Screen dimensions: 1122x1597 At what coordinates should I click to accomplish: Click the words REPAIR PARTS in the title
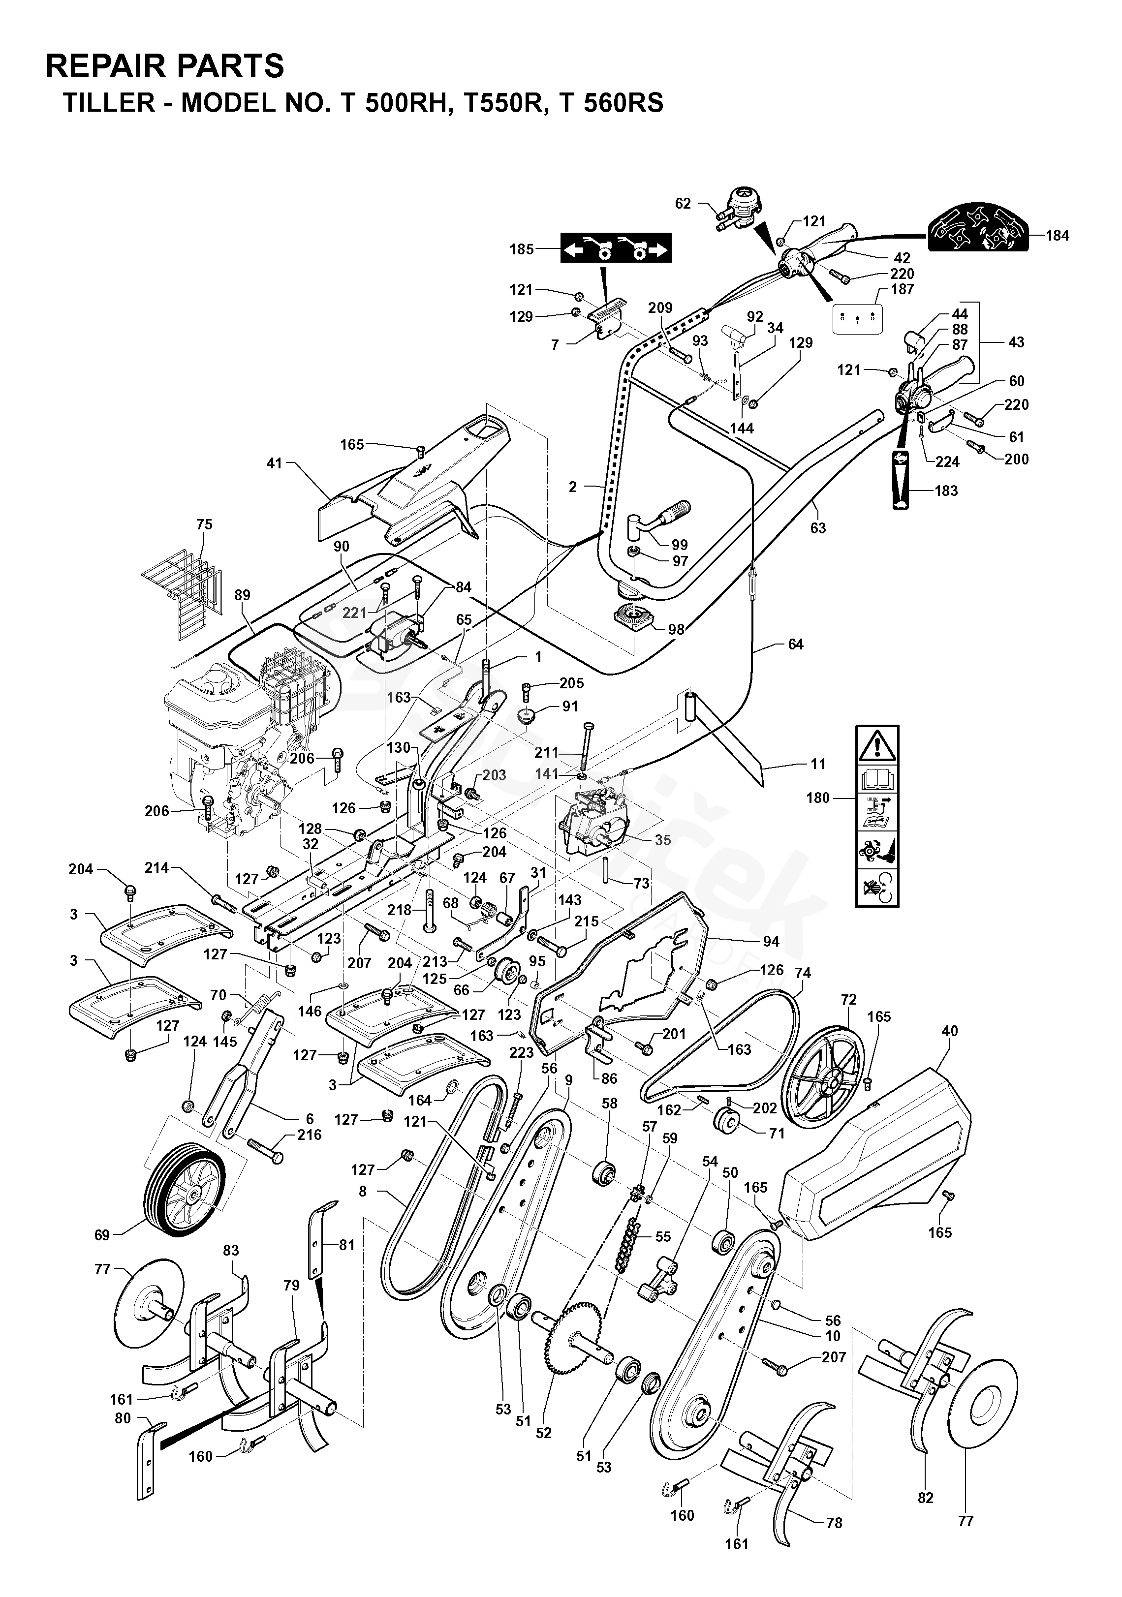point(165,66)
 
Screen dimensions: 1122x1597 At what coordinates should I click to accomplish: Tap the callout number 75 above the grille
point(205,524)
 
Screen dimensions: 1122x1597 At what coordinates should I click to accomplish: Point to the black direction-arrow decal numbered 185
point(616,247)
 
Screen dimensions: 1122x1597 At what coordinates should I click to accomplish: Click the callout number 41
point(276,462)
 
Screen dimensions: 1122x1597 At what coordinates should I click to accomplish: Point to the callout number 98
point(676,629)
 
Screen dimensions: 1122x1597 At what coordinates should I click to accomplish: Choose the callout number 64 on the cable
point(795,645)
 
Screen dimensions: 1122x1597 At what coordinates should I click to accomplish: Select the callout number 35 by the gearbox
point(663,839)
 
